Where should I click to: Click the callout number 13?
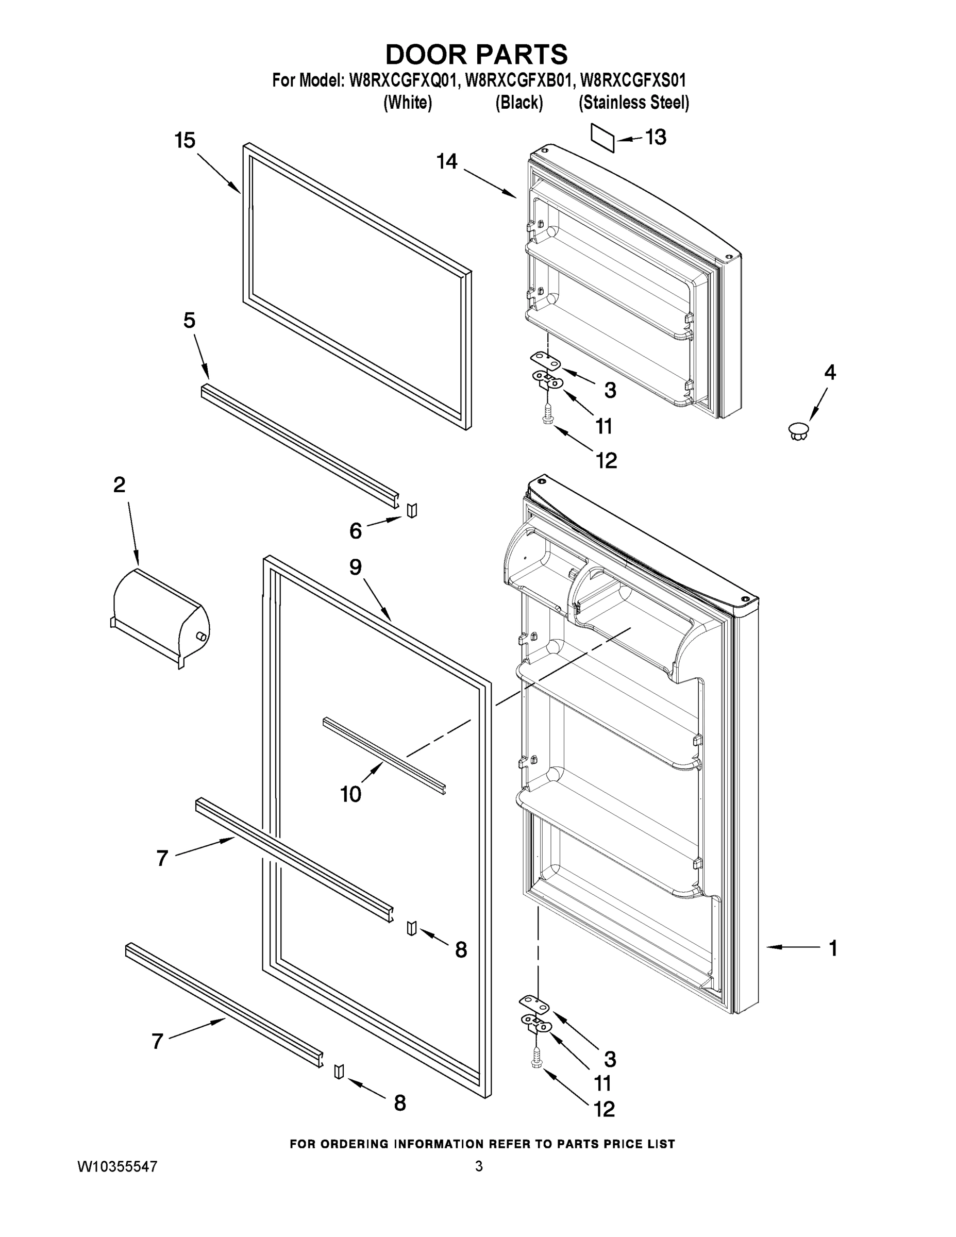click(656, 137)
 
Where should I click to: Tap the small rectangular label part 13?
click(602, 138)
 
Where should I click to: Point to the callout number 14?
click(447, 161)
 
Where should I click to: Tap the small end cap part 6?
click(412, 510)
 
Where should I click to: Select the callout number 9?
click(355, 567)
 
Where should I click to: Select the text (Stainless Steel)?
click(634, 103)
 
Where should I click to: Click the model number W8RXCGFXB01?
click(517, 80)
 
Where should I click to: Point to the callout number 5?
click(189, 321)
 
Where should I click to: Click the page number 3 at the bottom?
click(479, 1166)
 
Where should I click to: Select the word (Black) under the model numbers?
click(519, 103)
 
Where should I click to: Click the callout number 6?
click(355, 531)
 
